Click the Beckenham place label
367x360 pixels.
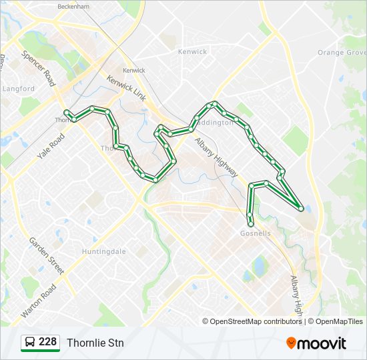(73, 5)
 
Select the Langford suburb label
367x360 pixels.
(18, 88)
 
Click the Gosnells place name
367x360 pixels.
(255, 233)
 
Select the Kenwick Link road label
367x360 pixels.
(127, 88)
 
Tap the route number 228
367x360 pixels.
(47, 342)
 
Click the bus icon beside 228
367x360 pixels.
(30, 343)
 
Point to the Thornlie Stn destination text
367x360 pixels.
(95, 343)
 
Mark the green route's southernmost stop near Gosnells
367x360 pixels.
(251, 223)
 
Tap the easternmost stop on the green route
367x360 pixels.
(301, 209)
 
